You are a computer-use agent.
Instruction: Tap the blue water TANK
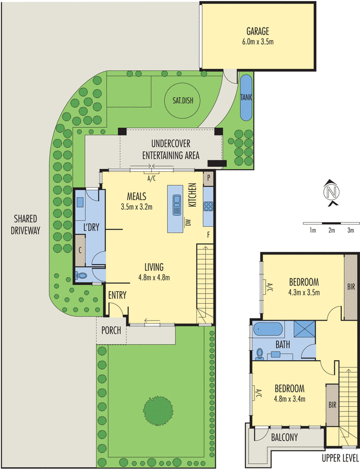[245, 96]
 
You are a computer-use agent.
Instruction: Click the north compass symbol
[332, 193]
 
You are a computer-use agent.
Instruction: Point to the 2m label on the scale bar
[331, 230]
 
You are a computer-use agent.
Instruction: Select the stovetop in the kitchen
[208, 206]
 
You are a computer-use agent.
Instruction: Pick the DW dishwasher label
[188, 222]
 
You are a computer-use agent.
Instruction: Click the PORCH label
[111, 331]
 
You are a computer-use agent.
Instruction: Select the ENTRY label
[117, 296]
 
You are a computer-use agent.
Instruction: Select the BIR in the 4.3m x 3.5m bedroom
[351, 287]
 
